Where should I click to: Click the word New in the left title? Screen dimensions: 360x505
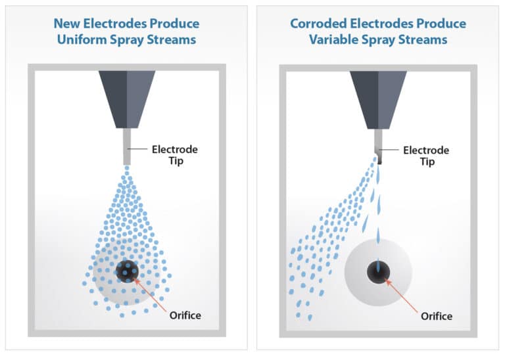coord(65,24)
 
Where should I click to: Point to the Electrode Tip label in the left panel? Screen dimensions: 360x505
coord(174,155)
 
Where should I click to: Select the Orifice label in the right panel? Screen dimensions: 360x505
coord(437,316)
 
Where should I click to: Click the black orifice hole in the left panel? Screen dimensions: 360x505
coord(126,269)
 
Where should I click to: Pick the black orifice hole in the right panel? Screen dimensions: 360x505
coord(379,271)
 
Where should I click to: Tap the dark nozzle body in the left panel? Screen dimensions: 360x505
coord(127,99)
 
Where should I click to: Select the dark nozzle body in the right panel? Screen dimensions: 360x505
coord(378,99)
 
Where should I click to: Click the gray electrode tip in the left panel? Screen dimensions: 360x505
coord(127,148)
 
